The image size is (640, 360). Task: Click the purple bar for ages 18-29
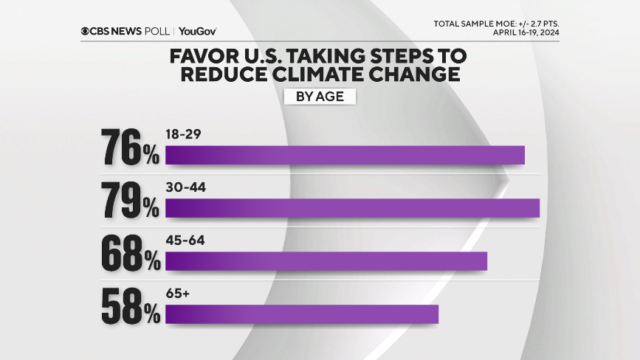(344, 155)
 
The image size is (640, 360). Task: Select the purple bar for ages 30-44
(352, 208)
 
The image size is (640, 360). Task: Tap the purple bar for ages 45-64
(326, 261)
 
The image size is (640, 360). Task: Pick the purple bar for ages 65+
(301, 314)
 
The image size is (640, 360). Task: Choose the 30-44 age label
(185, 188)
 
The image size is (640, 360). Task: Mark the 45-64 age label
(185, 241)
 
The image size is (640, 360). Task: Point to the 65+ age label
(178, 294)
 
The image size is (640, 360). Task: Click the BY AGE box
(320, 97)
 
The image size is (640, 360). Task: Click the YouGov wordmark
(197, 31)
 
